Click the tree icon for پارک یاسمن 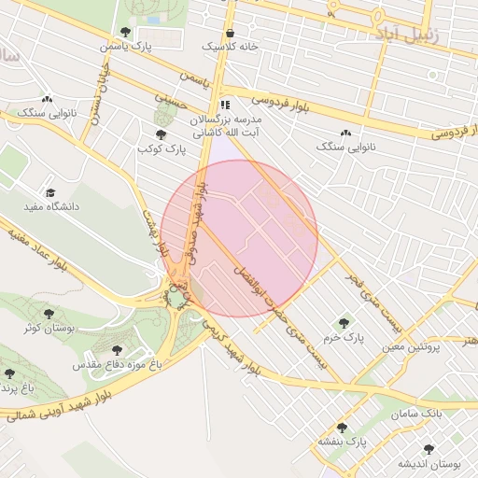coord(125,33)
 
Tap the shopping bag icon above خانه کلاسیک coord(230,33)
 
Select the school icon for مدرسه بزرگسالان coord(224,105)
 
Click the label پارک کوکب coord(162,148)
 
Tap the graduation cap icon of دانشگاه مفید coord(49,192)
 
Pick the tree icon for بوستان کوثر coord(49,314)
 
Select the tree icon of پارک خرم coord(343,322)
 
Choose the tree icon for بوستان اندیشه coord(429,449)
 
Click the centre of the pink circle coord(239,238)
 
